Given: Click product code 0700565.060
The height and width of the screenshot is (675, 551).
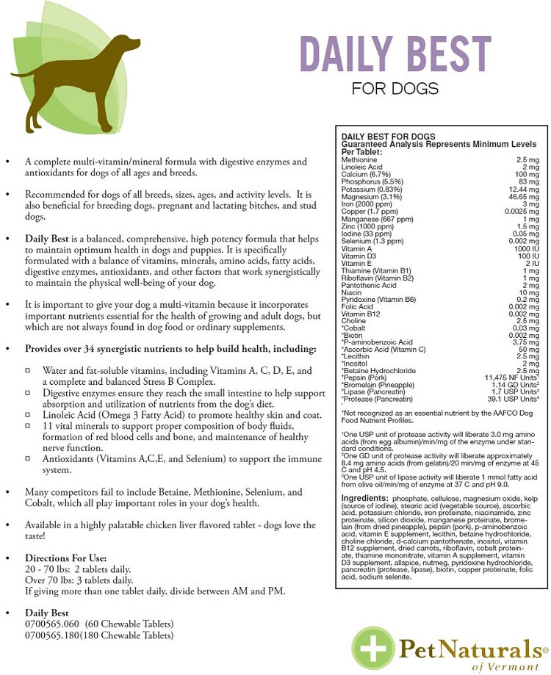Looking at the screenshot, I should tap(54, 624).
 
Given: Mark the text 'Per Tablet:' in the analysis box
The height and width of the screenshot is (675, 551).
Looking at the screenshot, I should tap(359, 151).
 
